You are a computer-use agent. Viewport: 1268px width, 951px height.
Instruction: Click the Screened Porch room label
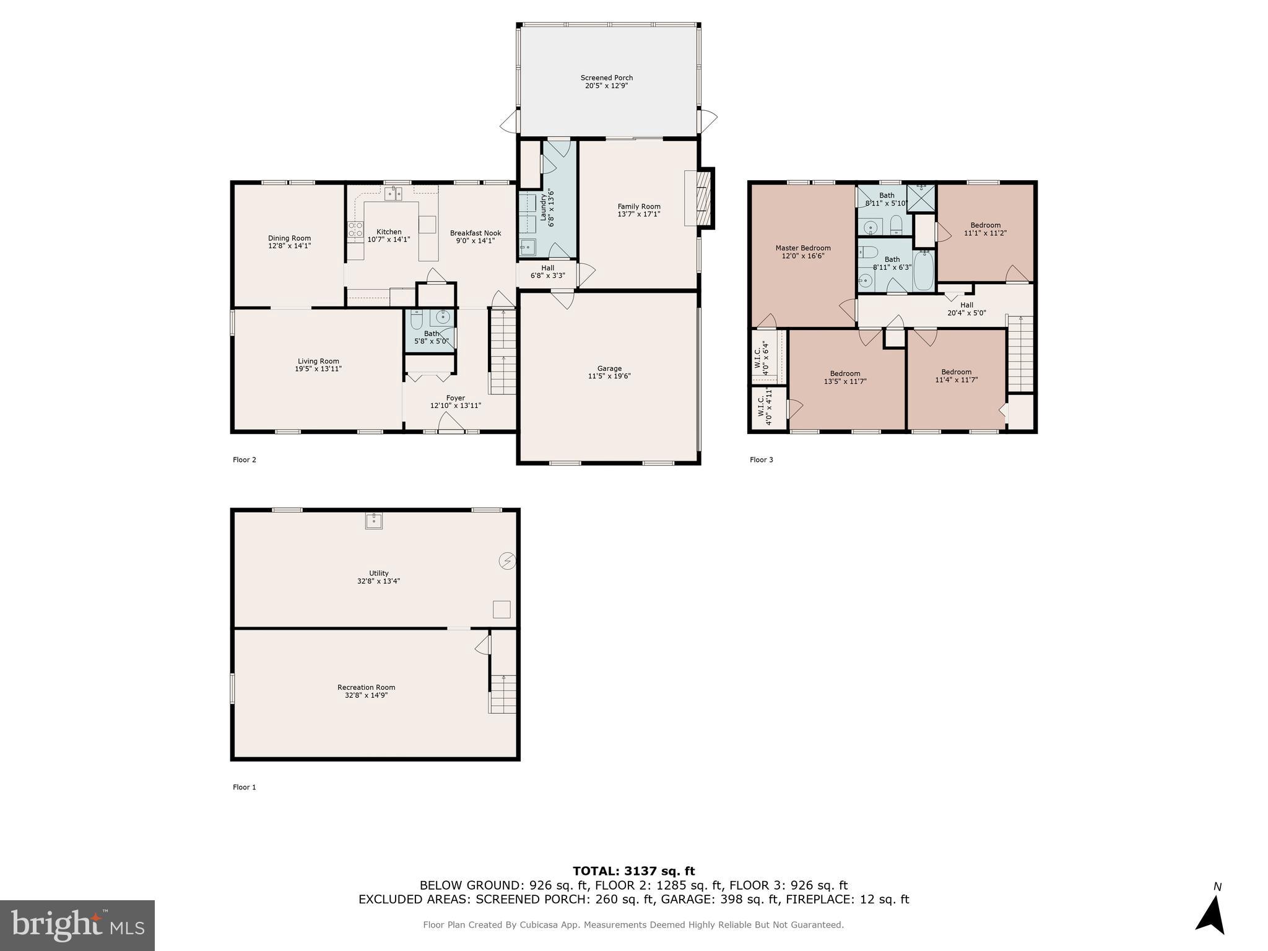pyautogui.click(x=606, y=78)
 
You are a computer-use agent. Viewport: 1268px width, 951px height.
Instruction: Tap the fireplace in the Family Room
pyautogui.click(x=701, y=198)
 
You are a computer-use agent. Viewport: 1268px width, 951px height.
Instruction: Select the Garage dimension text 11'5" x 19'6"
pyautogui.click(x=609, y=376)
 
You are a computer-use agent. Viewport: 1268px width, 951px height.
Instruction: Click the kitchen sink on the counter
pyautogui.click(x=393, y=193)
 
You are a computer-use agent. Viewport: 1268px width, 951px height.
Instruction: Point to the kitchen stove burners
pyautogui.click(x=355, y=230)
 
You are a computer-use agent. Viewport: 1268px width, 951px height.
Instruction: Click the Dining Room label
pyautogui.click(x=289, y=238)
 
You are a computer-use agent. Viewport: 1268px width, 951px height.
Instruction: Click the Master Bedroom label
pyautogui.click(x=802, y=248)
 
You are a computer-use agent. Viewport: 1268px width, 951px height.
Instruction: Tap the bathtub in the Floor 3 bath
pyautogui.click(x=923, y=271)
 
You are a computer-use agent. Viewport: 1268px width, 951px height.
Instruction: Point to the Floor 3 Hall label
pyautogui.click(x=966, y=305)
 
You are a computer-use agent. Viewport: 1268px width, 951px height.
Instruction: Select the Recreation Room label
pyautogui.click(x=366, y=687)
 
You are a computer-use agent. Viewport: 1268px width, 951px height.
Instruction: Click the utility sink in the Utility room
pyautogui.click(x=374, y=521)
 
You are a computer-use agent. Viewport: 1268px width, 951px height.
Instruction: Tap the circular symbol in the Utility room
pyautogui.click(x=507, y=561)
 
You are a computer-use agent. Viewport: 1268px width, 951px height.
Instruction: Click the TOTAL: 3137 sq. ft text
pyautogui.click(x=633, y=872)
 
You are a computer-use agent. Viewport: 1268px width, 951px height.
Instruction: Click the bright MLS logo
pyautogui.click(x=77, y=925)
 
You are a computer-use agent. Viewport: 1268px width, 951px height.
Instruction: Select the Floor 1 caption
pyautogui.click(x=244, y=788)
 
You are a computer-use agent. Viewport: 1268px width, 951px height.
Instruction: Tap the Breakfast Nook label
pyautogui.click(x=475, y=233)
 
